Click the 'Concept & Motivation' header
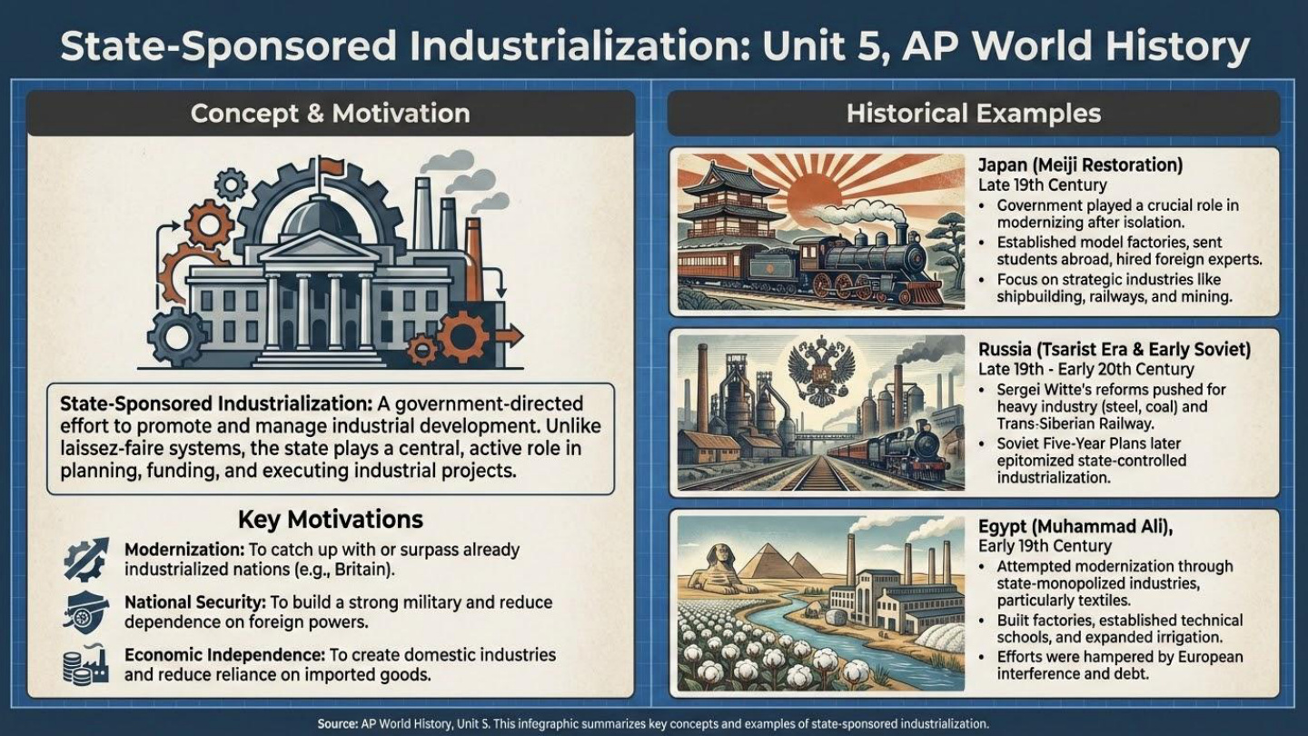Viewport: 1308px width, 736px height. pos(330,114)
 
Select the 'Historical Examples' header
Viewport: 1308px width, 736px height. pos(973,114)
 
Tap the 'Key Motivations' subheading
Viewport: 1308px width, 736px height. pos(330,519)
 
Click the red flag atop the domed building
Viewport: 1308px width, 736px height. pos(331,167)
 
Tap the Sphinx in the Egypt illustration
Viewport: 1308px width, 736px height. pos(713,572)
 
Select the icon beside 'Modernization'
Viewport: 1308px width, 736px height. pos(86,559)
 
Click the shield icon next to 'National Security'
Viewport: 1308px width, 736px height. pos(86,612)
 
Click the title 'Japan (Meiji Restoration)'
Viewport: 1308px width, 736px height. pos(1080,165)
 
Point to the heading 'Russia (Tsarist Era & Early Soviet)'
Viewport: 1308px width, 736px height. pos(1115,350)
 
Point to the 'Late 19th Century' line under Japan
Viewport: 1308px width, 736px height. pos(1042,185)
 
